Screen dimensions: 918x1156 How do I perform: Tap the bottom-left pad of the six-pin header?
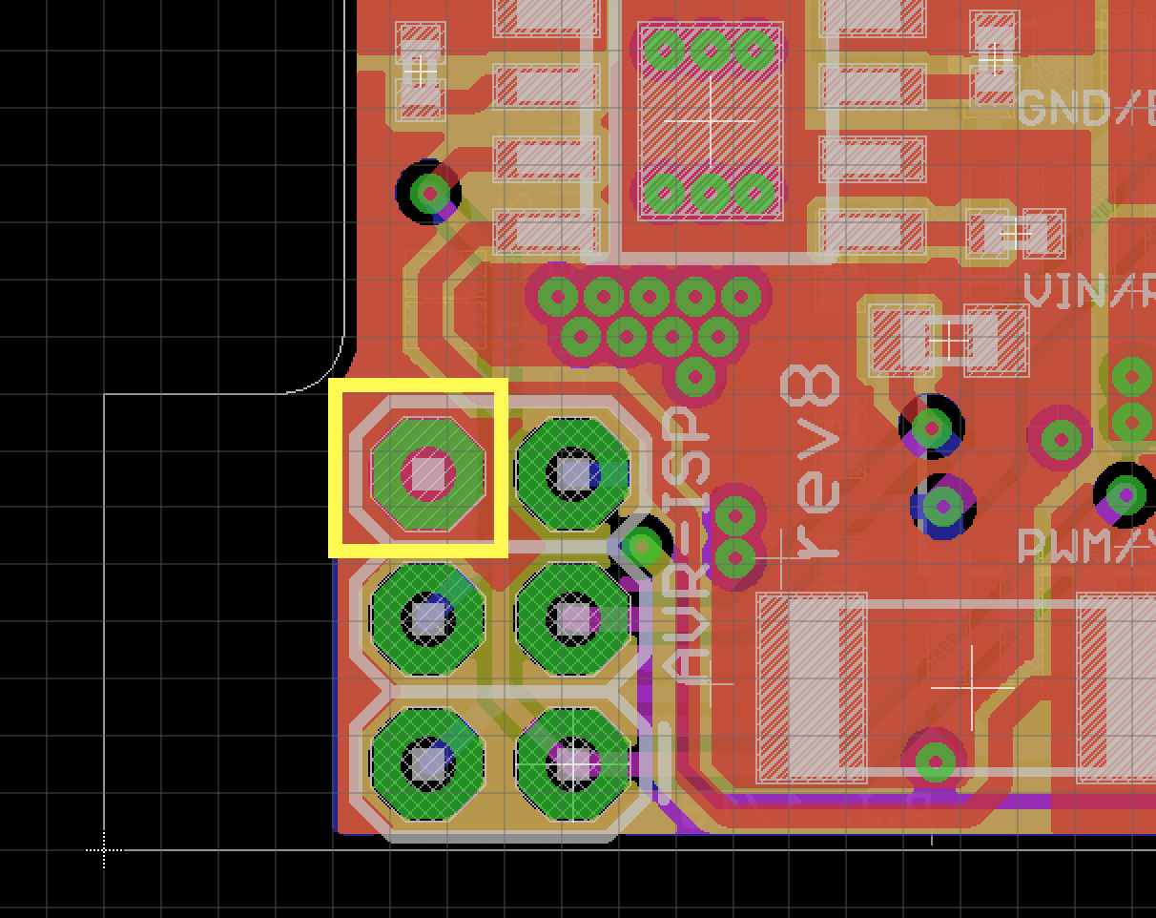[x=428, y=762]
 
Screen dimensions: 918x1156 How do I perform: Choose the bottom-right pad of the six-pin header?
[x=573, y=762]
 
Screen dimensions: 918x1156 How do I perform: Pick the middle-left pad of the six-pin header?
[x=428, y=618]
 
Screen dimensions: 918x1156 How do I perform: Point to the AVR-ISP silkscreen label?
[x=688, y=544]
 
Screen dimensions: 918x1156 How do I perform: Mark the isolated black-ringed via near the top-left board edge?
[x=429, y=194]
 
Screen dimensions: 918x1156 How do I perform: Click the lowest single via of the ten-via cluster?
[x=695, y=376]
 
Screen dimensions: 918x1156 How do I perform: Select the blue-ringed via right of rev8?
[x=943, y=506]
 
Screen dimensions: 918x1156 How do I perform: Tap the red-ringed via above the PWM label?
[x=1061, y=439]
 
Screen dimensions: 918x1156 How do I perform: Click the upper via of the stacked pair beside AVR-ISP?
[x=735, y=516]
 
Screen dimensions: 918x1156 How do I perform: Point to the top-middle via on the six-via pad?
[x=710, y=50]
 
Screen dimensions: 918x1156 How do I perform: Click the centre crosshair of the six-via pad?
[x=710, y=122]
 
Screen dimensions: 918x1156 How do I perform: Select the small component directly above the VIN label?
[x=1015, y=234]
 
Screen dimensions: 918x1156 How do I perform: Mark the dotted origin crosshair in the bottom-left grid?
[x=104, y=848]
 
